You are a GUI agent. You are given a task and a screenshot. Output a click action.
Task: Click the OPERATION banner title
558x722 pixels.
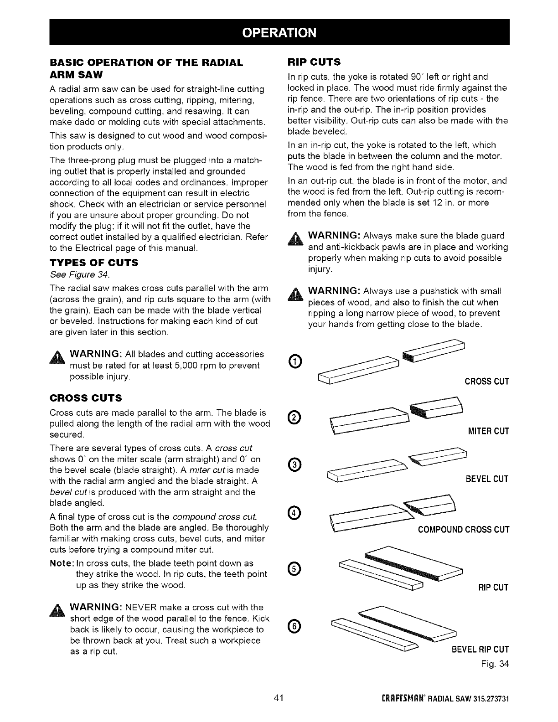(279, 32)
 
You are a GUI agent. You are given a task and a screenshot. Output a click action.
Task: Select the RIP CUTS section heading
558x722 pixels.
(314, 62)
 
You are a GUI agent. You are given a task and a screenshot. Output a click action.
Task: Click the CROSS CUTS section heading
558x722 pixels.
(85, 398)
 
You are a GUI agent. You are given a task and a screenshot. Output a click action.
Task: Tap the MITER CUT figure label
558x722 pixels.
(489, 431)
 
